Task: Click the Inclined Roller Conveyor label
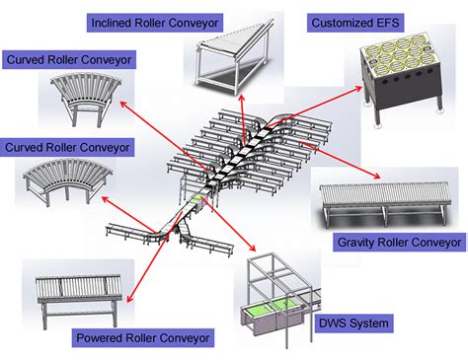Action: pos(154,21)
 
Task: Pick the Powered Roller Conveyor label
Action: pos(143,338)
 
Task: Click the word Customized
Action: pos(339,21)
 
